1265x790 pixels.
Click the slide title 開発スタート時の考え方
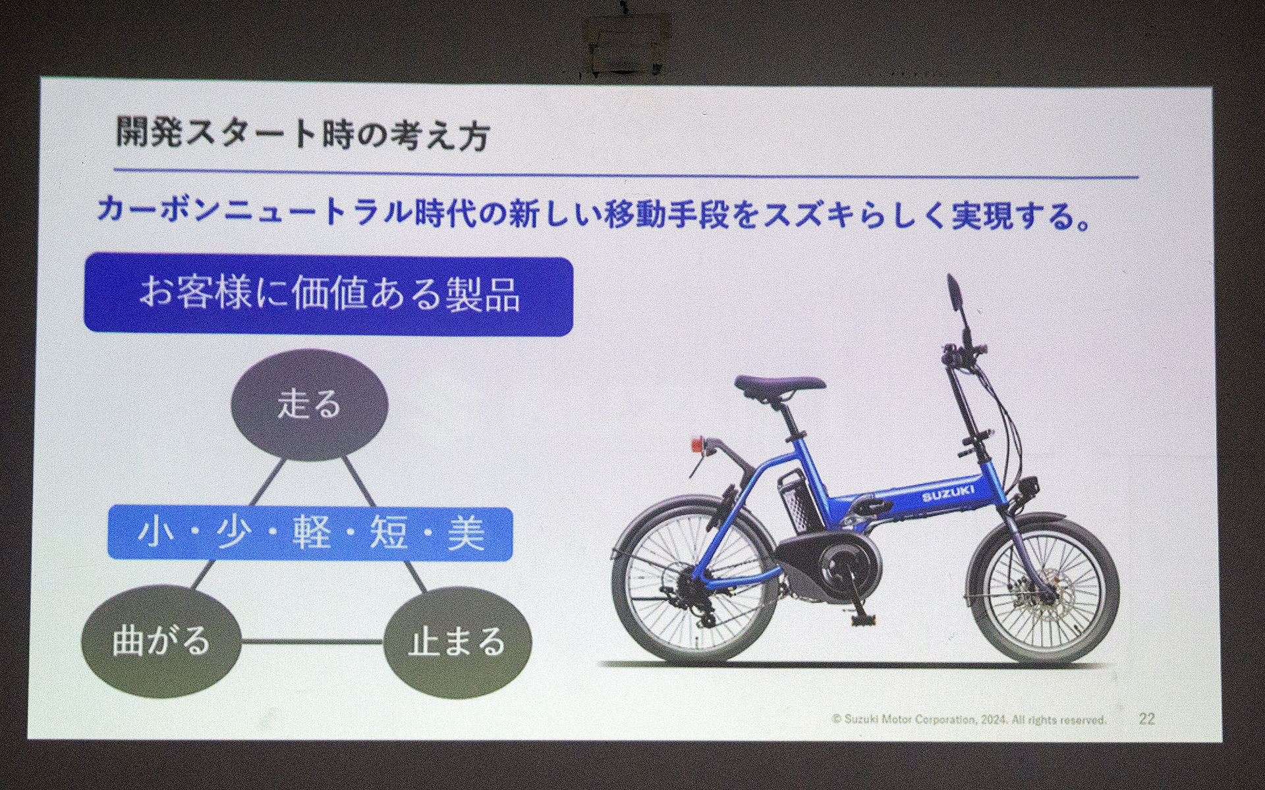click(302, 134)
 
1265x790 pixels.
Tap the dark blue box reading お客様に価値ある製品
click(328, 295)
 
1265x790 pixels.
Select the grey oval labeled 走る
click(309, 404)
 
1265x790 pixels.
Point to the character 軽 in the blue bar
click(311, 533)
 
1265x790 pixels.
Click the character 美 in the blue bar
click(466, 533)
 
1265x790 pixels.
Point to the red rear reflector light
click(697, 445)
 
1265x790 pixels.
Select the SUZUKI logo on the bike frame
click(947, 494)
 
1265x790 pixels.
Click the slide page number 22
click(1146, 718)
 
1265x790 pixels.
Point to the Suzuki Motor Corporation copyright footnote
click(969, 720)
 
